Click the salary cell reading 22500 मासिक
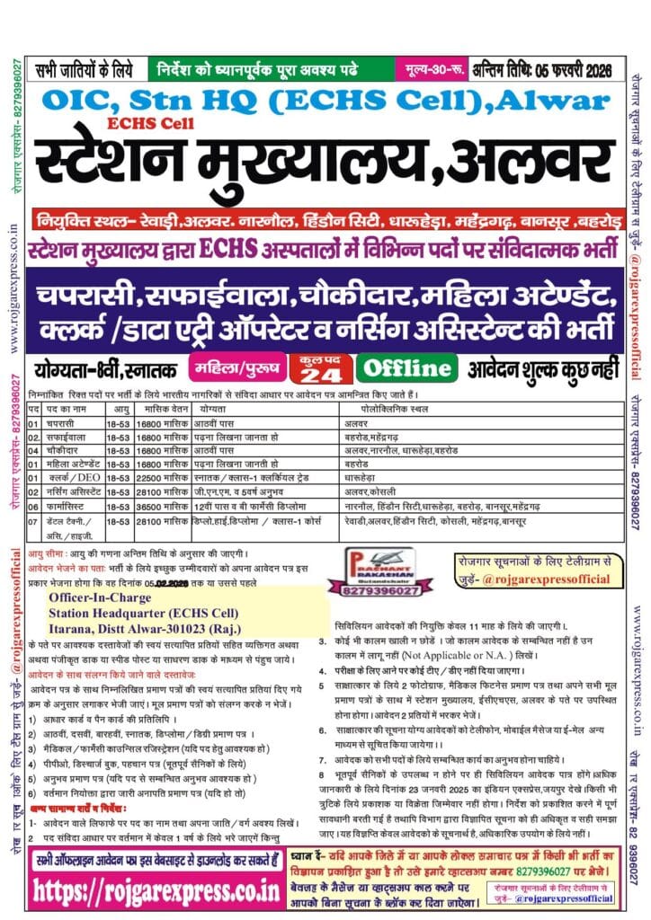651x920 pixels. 161,468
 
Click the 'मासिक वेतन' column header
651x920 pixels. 161,407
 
